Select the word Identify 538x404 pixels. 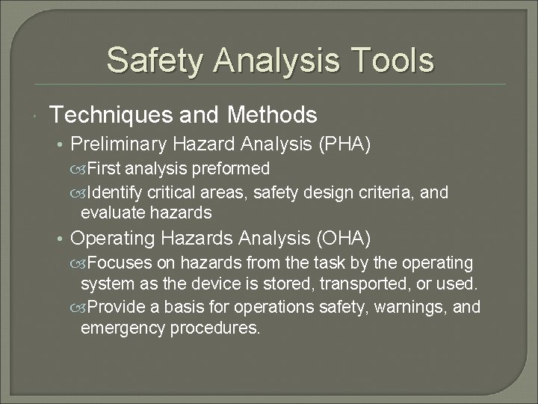pos(113,193)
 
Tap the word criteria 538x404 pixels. pos(390,193)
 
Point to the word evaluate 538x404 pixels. pos(111,212)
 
